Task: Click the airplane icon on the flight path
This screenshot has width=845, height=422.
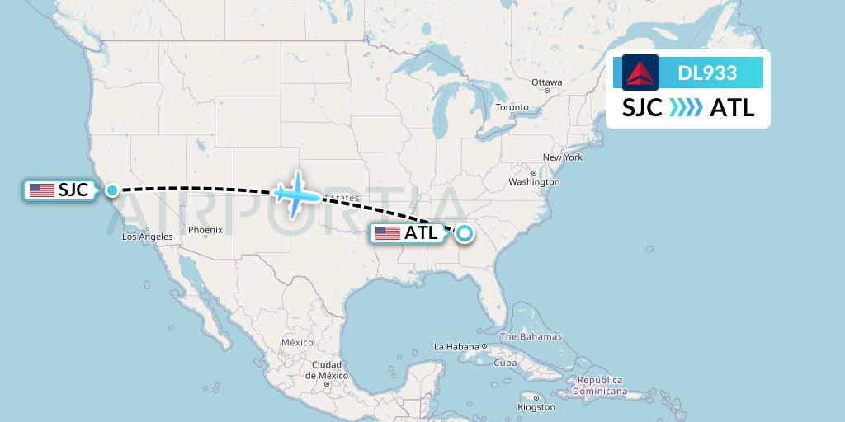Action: coord(295,195)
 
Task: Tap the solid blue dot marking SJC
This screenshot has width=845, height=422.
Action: coord(112,190)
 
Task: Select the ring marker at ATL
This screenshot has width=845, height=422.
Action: coord(465,233)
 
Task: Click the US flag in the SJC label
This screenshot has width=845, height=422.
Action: coord(41,190)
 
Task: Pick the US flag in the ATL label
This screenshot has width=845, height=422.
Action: coord(387,233)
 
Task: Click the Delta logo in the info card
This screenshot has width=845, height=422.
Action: coord(640,73)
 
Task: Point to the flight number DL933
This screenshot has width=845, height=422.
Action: coord(707,73)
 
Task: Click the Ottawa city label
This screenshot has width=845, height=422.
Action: coord(546,82)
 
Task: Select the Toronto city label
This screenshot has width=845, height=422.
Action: coord(512,108)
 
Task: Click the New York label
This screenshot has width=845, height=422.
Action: coord(562,157)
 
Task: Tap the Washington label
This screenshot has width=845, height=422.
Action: coord(534,181)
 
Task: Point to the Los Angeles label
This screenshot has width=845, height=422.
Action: coord(147,237)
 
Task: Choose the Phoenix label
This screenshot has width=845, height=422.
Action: coord(205,230)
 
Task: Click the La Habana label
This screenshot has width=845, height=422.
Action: coord(456,347)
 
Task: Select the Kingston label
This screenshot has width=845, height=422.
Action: coord(536,407)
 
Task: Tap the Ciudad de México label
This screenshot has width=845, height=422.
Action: coord(326,369)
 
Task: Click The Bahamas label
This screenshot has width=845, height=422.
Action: coord(531,336)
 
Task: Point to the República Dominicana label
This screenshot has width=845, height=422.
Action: coord(600,386)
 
